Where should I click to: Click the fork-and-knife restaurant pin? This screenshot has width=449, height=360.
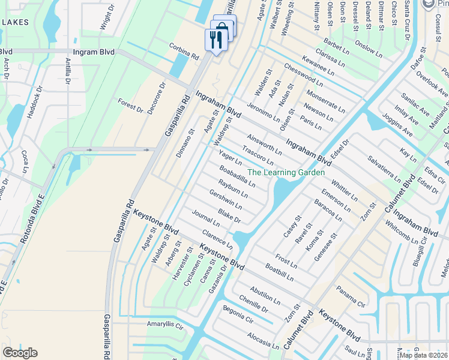[x=216, y=40]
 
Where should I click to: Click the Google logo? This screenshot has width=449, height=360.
[x=20, y=353]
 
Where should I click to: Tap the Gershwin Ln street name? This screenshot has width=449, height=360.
[x=226, y=199]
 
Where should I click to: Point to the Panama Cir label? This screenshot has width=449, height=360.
[x=351, y=295]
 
